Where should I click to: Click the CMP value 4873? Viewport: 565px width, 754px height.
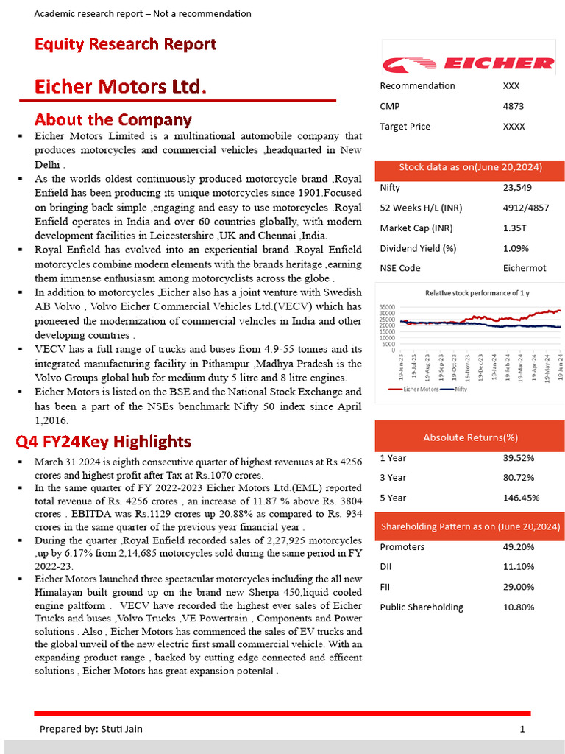pos(513,106)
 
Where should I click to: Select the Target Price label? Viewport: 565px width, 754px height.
pos(405,127)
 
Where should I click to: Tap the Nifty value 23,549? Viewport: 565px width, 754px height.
pos(517,188)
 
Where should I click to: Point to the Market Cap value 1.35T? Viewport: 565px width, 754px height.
pos(514,228)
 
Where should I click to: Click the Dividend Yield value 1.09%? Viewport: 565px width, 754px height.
pos(516,248)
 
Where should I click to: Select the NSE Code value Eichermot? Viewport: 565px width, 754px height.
pos(525,268)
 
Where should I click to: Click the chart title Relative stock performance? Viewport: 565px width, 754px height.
pos(477,293)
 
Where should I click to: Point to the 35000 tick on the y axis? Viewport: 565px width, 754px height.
pos(387,306)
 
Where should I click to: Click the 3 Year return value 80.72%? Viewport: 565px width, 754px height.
pos(518,478)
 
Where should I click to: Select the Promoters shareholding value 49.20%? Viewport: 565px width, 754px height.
pos(518,547)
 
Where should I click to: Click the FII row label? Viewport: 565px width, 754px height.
pos(385,587)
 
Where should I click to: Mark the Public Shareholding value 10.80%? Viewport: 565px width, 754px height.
pos(518,607)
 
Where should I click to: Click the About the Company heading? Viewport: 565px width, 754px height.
pos(113,119)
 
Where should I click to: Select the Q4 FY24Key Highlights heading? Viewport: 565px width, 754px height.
pos(104,442)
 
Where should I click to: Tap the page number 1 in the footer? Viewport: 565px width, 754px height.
pos(522,729)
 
